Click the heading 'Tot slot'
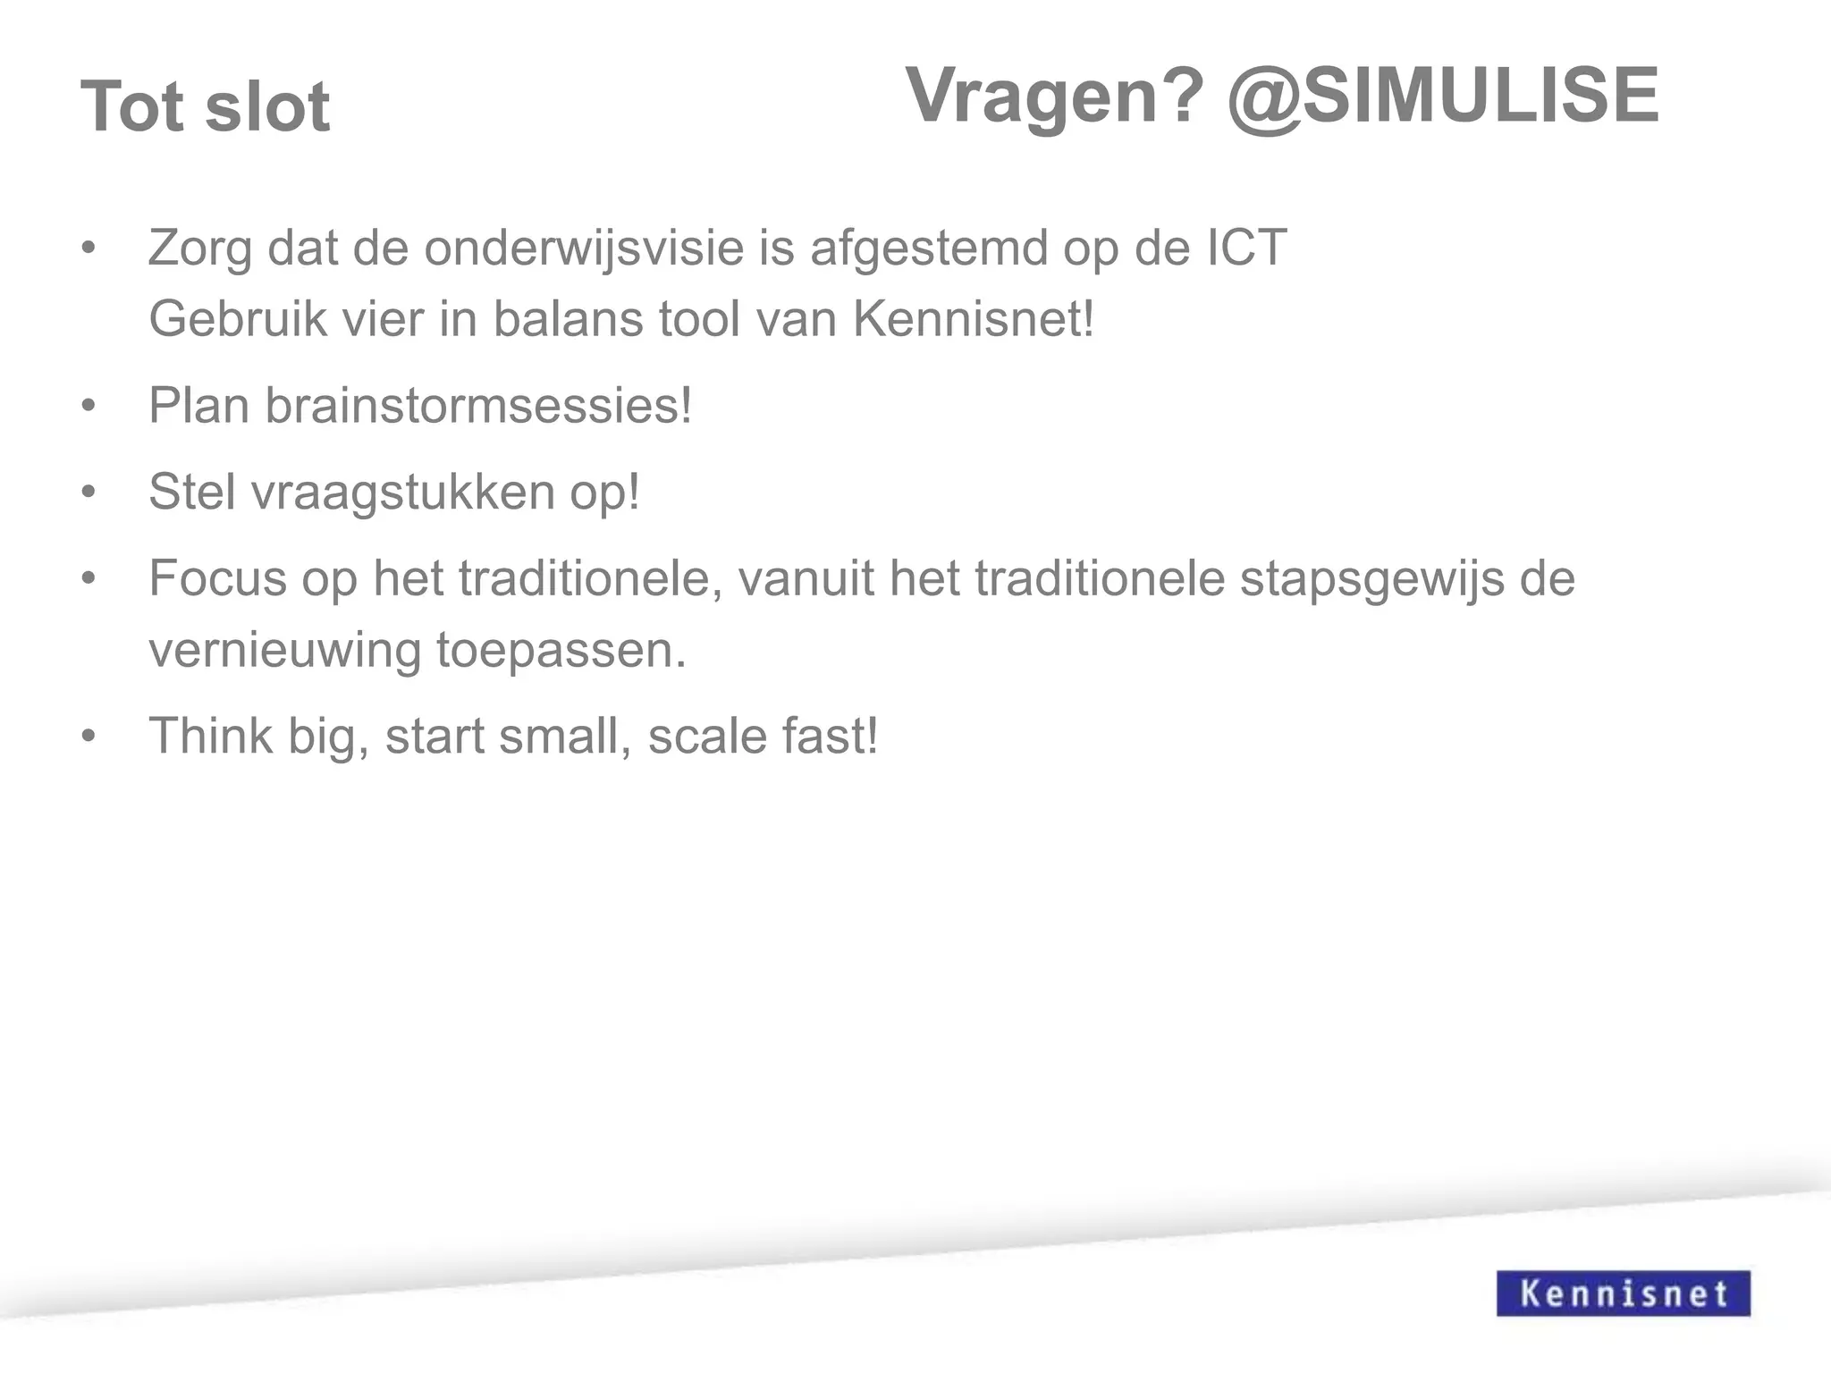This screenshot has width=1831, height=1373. tap(206, 107)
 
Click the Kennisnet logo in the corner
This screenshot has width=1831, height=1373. tap(1623, 1293)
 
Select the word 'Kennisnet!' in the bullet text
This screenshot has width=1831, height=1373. tap(974, 318)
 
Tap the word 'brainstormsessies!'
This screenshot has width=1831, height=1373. tap(478, 405)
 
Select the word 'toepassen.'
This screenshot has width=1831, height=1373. tap(561, 650)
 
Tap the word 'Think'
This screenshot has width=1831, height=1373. tap(211, 736)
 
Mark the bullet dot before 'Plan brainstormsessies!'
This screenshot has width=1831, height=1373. tap(88, 407)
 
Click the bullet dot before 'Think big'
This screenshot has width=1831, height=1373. tap(88, 737)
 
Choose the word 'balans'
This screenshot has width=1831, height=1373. tap(568, 318)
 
